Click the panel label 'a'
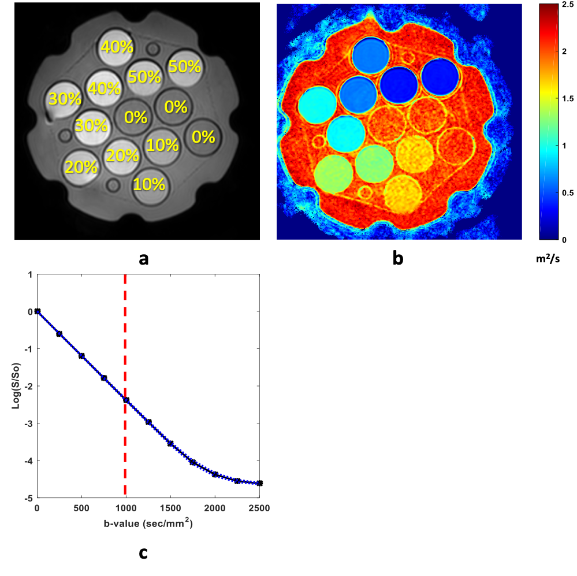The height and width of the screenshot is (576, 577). (x=144, y=258)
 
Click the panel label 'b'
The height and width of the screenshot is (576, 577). (x=397, y=258)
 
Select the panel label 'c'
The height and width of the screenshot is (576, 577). (x=143, y=553)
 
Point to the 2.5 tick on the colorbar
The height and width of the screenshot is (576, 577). (x=562, y=5)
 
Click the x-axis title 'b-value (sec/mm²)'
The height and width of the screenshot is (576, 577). (x=148, y=524)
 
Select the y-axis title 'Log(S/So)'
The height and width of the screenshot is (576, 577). (x=16, y=386)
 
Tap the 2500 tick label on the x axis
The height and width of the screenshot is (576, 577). (x=259, y=508)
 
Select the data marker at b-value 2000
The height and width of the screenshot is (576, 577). (x=215, y=474)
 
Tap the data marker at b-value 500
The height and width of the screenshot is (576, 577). (x=81, y=356)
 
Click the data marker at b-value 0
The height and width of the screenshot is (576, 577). (x=38, y=311)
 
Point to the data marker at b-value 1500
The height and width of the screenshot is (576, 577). (x=170, y=444)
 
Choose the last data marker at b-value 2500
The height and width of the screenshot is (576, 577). (x=259, y=483)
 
